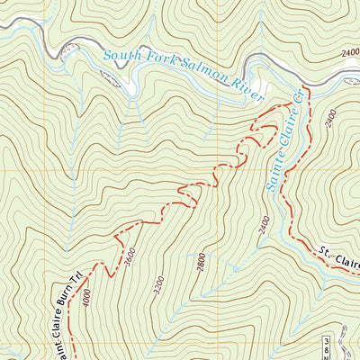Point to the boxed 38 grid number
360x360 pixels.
point(326,343)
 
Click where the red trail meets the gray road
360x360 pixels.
point(307,87)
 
